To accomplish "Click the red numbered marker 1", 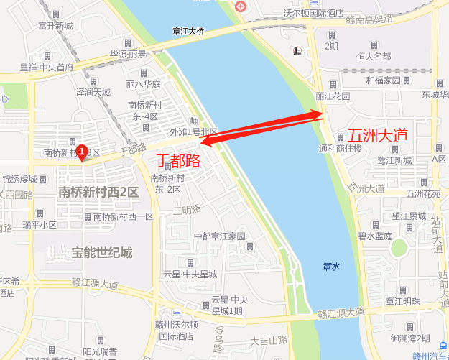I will point(82,152).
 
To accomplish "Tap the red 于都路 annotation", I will point(177,160).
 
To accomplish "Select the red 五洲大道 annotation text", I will point(377,135).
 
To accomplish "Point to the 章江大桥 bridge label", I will point(189,32).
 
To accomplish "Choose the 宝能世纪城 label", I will point(102,253).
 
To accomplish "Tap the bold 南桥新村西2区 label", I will point(99,192).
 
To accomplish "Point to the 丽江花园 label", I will point(333,96).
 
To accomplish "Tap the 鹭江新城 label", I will point(394,160).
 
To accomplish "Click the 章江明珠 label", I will point(402,302).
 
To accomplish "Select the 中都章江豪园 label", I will point(219,236).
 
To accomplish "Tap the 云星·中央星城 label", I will point(190,274).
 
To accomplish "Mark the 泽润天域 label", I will point(93,92).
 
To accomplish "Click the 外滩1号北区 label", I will point(193,131).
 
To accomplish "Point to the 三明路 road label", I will point(187,211).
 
